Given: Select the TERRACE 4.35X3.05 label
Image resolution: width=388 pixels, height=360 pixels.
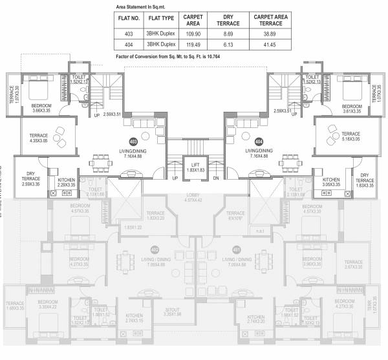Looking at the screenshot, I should click(x=39, y=137).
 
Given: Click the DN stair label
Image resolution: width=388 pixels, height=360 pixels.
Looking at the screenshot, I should click(x=216, y=178).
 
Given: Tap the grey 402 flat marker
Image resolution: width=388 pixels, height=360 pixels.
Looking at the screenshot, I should click(x=155, y=249).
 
